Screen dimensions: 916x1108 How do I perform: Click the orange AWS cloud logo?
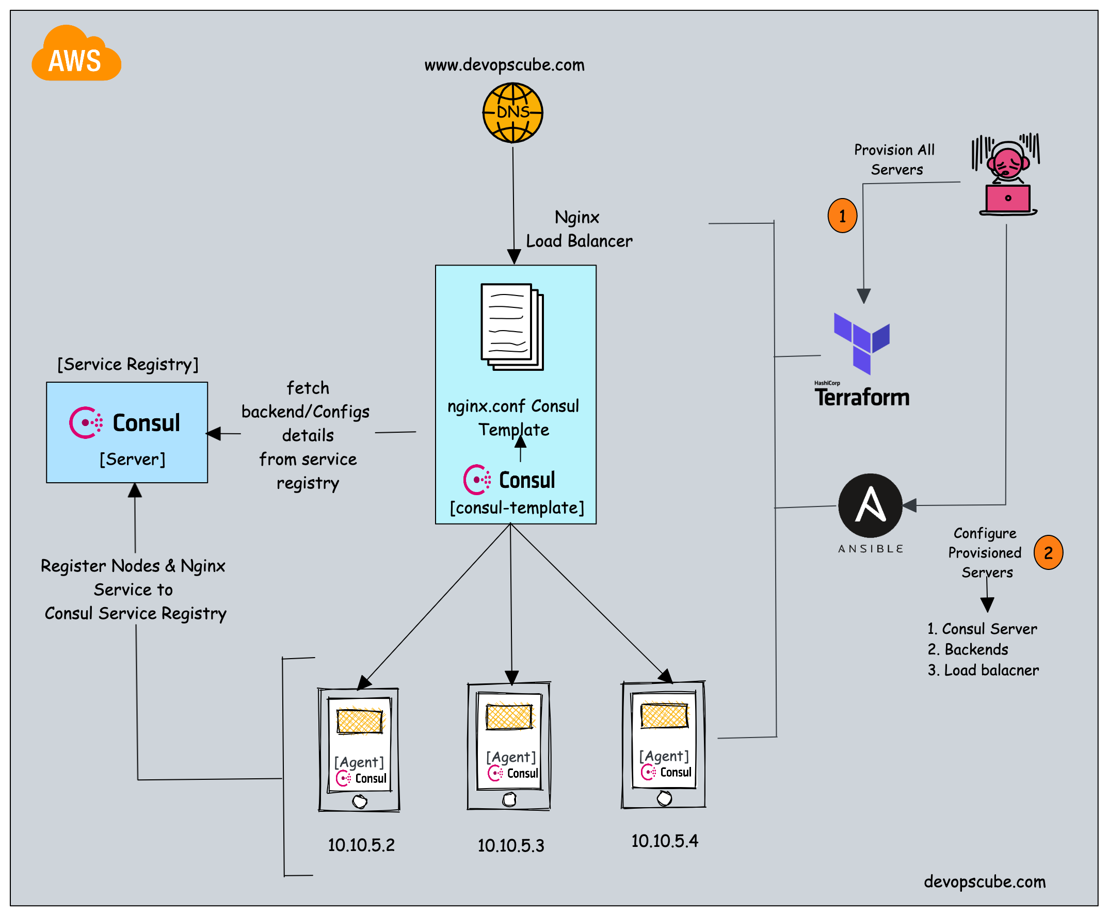pos(76,55)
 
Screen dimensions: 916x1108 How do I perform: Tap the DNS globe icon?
pos(512,112)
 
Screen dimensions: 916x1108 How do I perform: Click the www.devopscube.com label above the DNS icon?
pos(504,65)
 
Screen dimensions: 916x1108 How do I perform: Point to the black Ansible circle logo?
pos(870,505)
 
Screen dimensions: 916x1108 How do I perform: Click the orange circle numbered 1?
pos(842,216)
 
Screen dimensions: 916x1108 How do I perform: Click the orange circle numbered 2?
pos(1048,553)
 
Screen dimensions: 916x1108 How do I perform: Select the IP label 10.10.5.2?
pos(361,845)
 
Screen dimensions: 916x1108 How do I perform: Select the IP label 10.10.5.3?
pos(511,846)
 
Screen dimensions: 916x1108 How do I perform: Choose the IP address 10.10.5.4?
pos(664,841)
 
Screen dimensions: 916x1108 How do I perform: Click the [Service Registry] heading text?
pos(127,365)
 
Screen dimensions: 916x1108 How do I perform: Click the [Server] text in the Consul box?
pos(133,460)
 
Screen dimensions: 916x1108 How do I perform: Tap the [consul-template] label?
pos(517,508)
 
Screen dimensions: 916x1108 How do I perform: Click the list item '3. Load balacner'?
pos(983,670)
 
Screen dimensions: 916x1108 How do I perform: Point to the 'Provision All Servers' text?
pos(895,159)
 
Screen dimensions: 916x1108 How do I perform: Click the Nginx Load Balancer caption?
pos(579,230)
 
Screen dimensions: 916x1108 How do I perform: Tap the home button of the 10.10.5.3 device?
pos(509,800)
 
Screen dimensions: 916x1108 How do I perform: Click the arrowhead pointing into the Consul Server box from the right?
pos(214,433)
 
